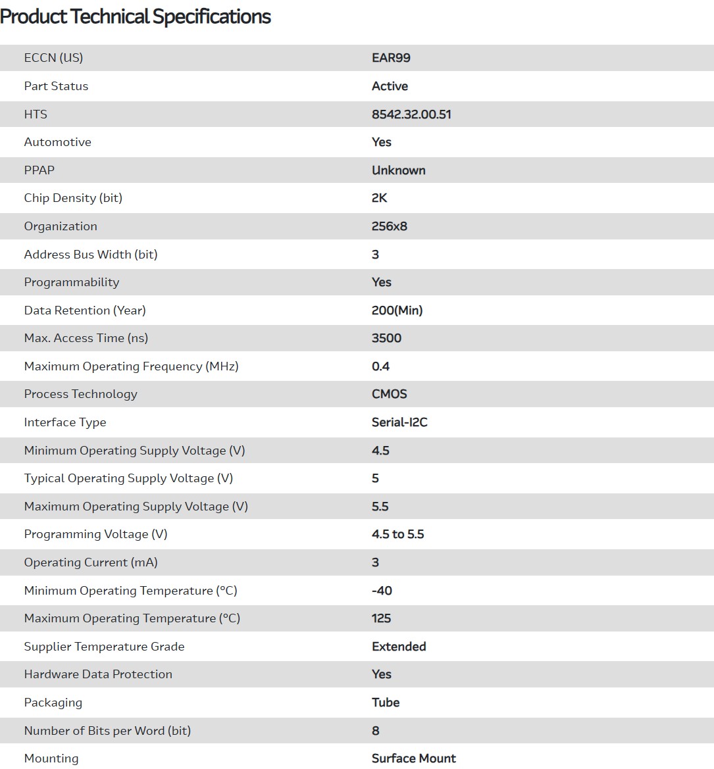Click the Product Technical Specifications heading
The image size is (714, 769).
pyautogui.click(x=136, y=16)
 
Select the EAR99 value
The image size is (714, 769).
pyautogui.click(x=391, y=58)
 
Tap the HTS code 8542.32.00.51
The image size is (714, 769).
pyautogui.click(x=411, y=114)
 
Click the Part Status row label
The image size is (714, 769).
pyautogui.click(x=56, y=86)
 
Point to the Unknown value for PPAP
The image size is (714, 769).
pyautogui.click(x=398, y=170)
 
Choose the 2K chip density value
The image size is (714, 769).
pyautogui.click(x=380, y=198)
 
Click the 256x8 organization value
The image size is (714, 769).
pyautogui.click(x=390, y=226)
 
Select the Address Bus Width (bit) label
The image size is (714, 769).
pyautogui.click(x=91, y=255)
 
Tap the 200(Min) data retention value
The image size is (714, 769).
pyautogui.click(x=397, y=310)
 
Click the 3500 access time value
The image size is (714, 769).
pyautogui.click(x=386, y=338)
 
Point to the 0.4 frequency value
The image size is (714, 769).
pyautogui.click(x=380, y=366)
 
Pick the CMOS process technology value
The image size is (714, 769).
pyautogui.click(x=390, y=394)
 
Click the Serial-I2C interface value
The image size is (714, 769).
pyautogui.click(x=399, y=422)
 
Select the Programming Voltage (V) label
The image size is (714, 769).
pyautogui.click(x=96, y=534)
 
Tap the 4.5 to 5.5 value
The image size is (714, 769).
pyautogui.click(x=397, y=534)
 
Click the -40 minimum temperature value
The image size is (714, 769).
pyautogui.click(x=382, y=591)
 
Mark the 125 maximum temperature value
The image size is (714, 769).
pyautogui.click(x=381, y=618)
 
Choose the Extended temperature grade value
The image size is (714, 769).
pyautogui.click(x=399, y=647)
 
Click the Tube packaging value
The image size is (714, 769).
pyautogui.click(x=386, y=703)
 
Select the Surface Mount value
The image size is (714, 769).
pyautogui.click(x=414, y=758)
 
